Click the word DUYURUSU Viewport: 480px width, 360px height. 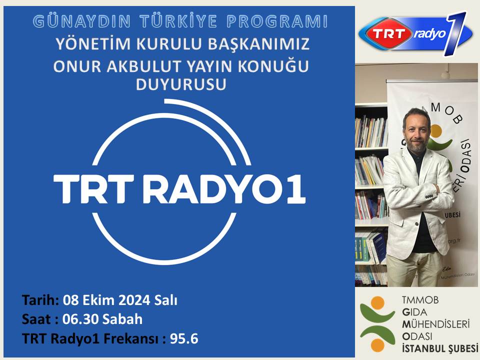tap(181, 85)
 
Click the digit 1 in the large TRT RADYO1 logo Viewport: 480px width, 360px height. tap(296, 188)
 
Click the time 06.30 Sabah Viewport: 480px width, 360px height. tap(103, 319)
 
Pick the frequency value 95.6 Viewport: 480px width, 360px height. tap(184, 338)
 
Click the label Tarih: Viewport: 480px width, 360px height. tap(40, 300)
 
